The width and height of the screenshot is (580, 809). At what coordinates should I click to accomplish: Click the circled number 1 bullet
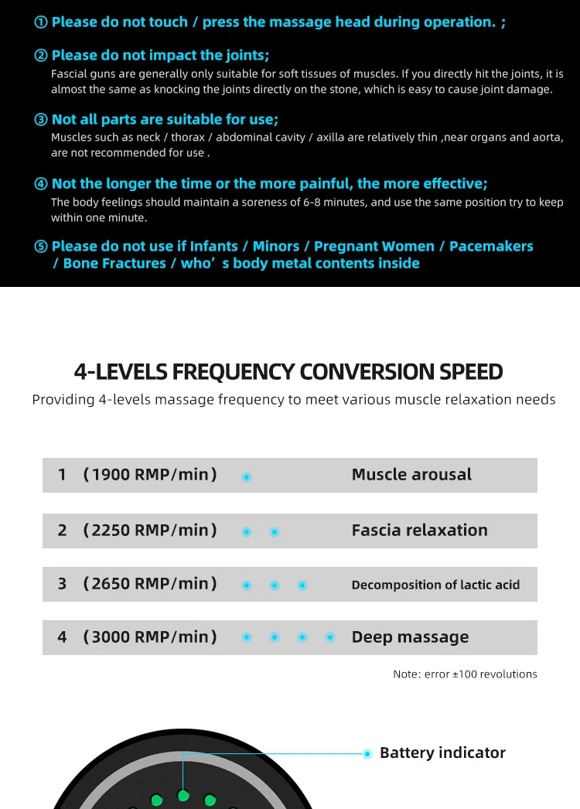tap(42, 22)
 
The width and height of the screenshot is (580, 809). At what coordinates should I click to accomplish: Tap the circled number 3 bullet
tap(42, 120)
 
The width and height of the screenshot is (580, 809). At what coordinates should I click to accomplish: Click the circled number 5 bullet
tap(42, 247)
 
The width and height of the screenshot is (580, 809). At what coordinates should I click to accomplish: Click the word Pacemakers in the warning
tap(491, 247)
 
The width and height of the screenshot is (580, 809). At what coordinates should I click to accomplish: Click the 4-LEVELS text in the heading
tap(121, 372)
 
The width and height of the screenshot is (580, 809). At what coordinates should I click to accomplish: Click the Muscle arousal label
tap(411, 475)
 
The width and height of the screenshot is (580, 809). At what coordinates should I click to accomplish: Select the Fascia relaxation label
tap(419, 531)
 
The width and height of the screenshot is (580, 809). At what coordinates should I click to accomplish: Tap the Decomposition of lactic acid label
tap(435, 585)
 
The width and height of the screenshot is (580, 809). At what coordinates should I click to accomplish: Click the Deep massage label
tap(410, 638)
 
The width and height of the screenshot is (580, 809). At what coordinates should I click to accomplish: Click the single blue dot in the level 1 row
tap(247, 477)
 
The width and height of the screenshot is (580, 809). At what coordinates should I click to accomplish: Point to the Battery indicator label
tap(442, 753)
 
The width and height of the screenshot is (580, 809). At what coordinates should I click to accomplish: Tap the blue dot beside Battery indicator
tap(367, 753)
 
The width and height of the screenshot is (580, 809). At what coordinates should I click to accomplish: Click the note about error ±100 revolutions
tap(465, 674)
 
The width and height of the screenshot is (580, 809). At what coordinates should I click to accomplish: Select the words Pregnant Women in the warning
tap(374, 247)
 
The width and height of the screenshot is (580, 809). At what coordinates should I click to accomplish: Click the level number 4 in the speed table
tap(63, 637)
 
